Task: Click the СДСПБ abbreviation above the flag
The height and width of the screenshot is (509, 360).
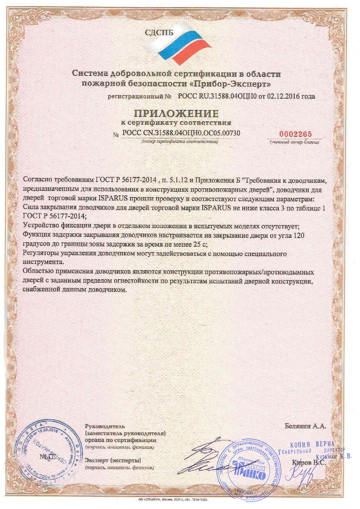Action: pos(158,31)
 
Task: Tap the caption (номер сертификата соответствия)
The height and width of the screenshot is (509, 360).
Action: pos(179,142)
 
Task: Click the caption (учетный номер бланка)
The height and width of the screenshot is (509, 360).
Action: pos(294,143)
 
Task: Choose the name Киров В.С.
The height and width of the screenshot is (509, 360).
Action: pos(307,462)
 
